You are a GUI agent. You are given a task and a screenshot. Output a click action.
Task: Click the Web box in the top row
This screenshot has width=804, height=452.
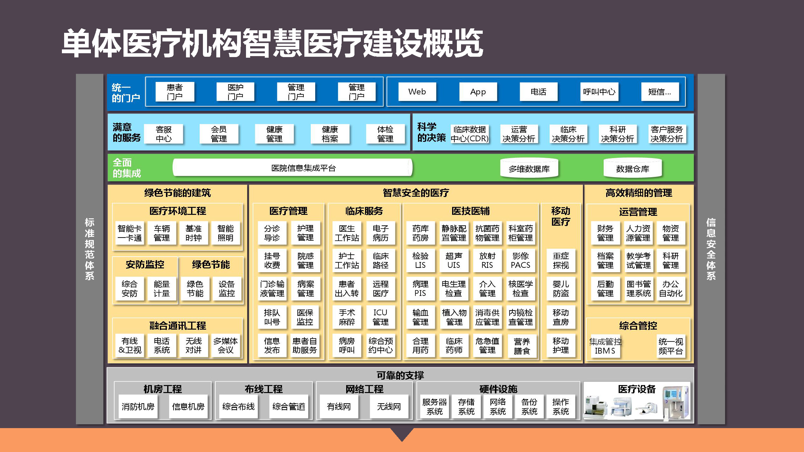coord(417,92)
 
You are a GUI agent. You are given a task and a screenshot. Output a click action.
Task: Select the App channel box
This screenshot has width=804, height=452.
coord(478,92)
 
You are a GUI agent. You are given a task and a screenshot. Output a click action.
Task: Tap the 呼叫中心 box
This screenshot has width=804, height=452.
coord(599,92)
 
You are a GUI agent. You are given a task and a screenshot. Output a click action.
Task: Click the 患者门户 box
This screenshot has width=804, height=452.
coord(175,92)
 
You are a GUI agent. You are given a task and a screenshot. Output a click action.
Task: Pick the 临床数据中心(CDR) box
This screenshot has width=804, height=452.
coord(470,134)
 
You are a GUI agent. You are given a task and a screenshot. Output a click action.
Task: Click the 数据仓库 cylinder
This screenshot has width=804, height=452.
coord(633,168)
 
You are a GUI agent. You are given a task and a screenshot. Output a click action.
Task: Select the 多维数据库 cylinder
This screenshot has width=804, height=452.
coord(529,168)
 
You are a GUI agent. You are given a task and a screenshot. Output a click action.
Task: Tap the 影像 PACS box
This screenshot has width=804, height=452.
coord(521,260)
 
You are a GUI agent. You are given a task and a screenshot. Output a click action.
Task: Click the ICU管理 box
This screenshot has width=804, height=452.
coord(380,317)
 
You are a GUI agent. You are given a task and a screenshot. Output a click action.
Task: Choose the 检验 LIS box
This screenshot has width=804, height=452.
coord(420,260)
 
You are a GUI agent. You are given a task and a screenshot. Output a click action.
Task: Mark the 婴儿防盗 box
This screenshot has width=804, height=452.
coord(561,288)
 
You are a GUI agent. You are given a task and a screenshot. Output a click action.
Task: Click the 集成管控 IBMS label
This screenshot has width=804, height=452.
coord(605,346)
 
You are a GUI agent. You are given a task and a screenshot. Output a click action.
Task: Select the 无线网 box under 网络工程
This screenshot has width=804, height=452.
coord(389,406)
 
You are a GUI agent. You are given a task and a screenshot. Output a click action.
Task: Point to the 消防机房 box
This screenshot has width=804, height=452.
coord(138,406)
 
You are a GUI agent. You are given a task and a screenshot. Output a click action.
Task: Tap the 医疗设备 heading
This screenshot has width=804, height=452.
coord(637,389)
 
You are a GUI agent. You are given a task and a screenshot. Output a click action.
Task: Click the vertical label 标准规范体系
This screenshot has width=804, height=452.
coord(90,249)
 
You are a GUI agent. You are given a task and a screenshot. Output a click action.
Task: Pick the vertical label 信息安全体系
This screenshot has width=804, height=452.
coord(711,249)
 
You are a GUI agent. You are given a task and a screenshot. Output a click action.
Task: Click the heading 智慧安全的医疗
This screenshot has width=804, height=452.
coord(416,193)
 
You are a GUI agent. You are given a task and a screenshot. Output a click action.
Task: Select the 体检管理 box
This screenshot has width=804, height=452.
coord(385,134)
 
